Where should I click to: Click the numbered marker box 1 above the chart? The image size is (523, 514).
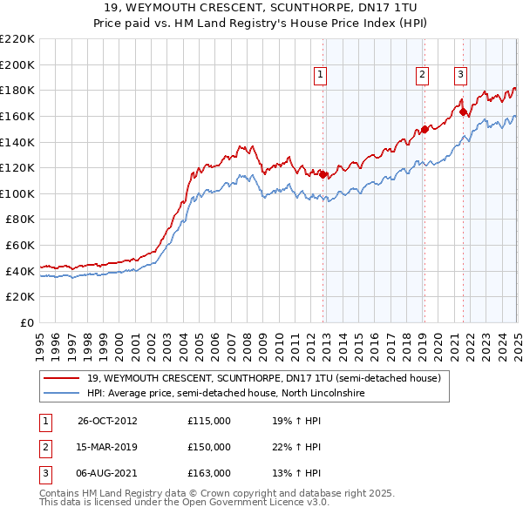tap(321, 76)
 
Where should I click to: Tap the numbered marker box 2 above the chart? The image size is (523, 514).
tap(422, 76)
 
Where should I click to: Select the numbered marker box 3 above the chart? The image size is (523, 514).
tap(459, 76)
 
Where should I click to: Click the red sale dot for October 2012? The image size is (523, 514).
tap(323, 174)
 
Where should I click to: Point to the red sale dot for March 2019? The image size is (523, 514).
tap(425, 129)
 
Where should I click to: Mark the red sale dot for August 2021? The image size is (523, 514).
tap(463, 112)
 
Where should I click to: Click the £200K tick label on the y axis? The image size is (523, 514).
tap(18, 64)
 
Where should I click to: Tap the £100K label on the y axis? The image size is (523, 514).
tap(18, 193)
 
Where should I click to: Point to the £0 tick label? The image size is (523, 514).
tap(26, 322)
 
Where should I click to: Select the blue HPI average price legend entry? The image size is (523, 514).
tap(224, 394)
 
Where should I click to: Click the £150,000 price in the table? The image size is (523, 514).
tap(209, 447)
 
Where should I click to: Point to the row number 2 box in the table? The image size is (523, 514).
tap(43, 447)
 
